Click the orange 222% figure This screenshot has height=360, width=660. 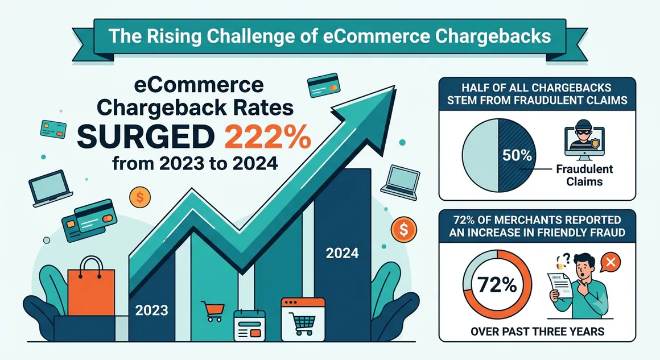coord(268,137)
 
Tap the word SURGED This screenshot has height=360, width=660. coord(145,137)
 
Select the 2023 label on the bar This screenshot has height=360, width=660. coord(151,311)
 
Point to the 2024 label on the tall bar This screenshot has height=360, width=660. coord(342,253)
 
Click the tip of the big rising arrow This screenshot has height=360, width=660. coord(394,86)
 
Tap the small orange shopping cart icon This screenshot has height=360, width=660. coord(213,311)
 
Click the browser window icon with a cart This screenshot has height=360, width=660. coord(303,319)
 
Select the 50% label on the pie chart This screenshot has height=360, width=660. coord(517,156)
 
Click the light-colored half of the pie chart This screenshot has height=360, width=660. coord(480,155)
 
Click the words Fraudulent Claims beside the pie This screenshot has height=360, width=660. coord(584,175)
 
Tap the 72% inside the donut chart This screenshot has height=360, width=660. coord(497,285)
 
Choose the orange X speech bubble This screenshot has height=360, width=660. coord(610,263)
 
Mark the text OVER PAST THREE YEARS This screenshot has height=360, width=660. coord(537,332)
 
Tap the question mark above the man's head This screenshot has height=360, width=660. coord(566,258)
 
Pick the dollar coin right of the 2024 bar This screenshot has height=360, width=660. coord(403,230)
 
